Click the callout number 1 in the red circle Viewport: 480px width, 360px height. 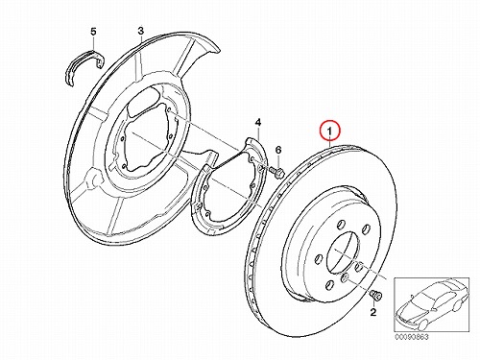pyautogui.click(x=330, y=131)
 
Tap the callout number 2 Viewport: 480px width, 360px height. pyautogui.click(x=373, y=312)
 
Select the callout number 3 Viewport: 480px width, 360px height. pyautogui.click(x=141, y=31)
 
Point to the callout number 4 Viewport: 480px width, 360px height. pyautogui.click(x=258, y=122)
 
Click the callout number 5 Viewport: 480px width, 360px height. pyautogui.click(x=93, y=32)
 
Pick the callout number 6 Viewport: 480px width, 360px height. pyautogui.click(x=278, y=150)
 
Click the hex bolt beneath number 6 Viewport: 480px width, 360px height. pyautogui.click(x=277, y=173)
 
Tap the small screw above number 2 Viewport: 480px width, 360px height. pyautogui.click(x=375, y=296)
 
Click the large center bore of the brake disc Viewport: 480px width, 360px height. pyautogui.click(x=342, y=252)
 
